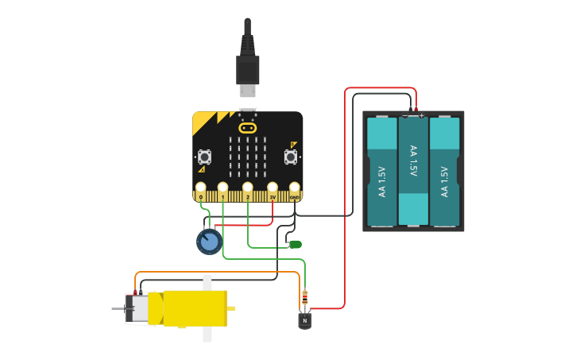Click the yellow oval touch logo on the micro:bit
click(x=248, y=127)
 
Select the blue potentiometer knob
click(x=209, y=242)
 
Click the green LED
click(x=296, y=244)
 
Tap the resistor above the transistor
click(x=304, y=300)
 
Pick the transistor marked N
click(x=304, y=320)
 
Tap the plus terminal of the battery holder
click(x=421, y=115)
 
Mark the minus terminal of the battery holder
click(x=405, y=115)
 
